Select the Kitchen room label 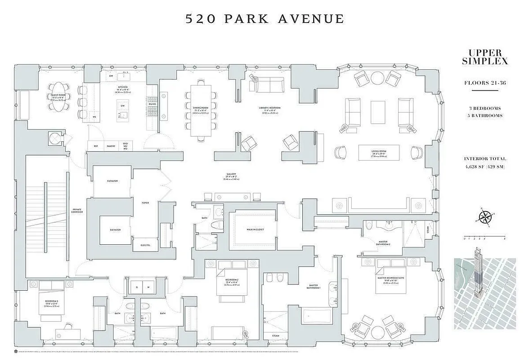pos(123,87)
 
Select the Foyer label pos(145,203)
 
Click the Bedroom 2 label pos(232,279)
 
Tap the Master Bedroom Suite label pos(390,278)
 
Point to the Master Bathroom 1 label pos(313,286)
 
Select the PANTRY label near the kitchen pos(111,146)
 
